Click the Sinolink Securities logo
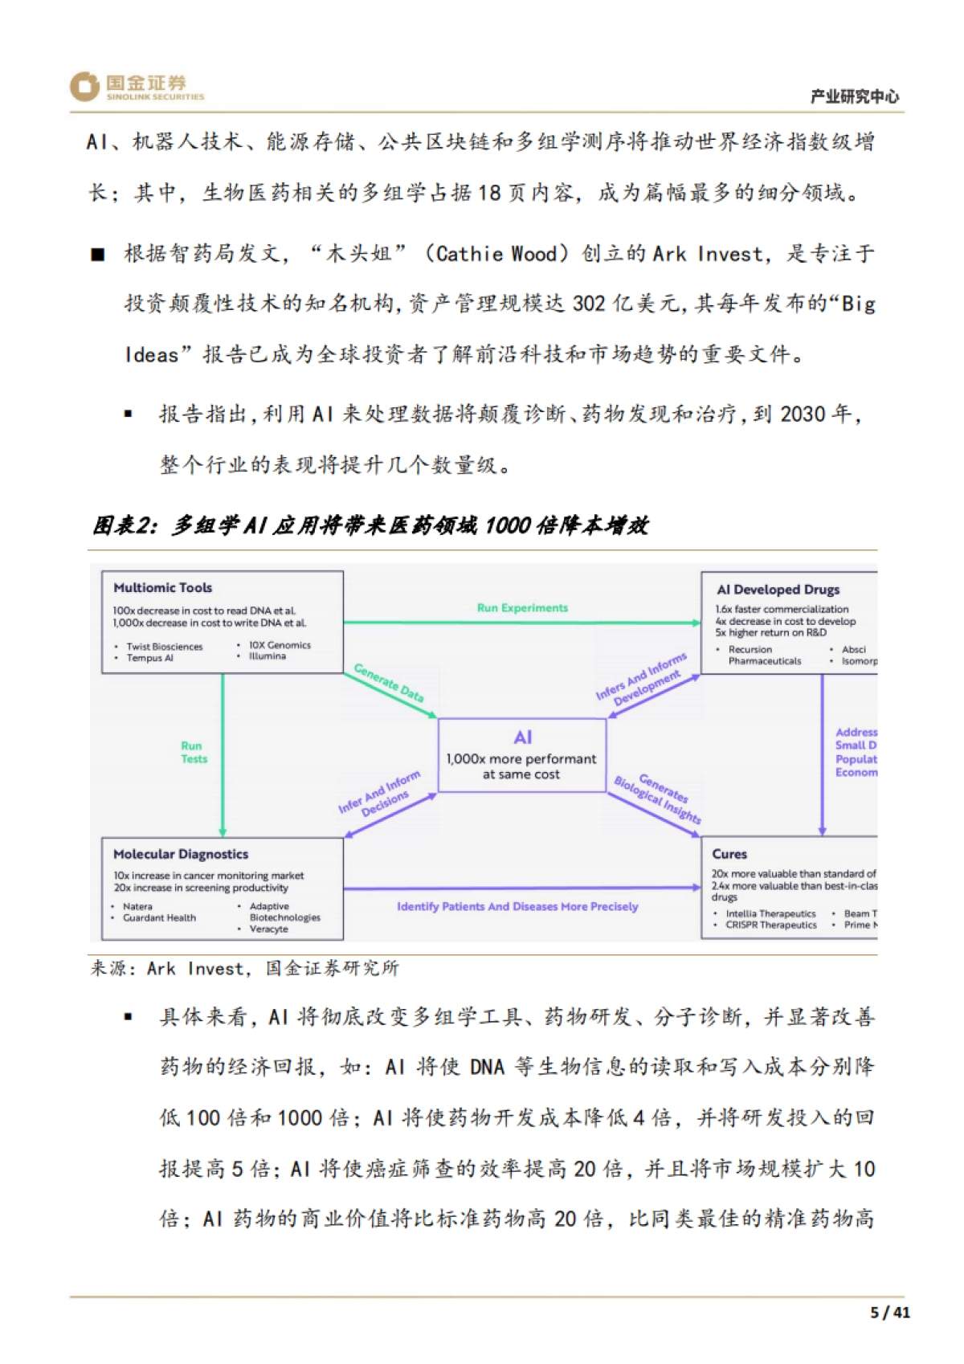coord(137,87)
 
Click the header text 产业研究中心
coord(854,96)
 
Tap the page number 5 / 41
coord(890,1313)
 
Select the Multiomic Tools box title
coord(163,588)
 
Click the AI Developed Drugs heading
coord(778,590)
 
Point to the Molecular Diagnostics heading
coord(181,854)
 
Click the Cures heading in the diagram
coord(729,854)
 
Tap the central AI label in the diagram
coord(522,737)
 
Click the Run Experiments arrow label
coord(522,608)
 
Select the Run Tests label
coord(193,752)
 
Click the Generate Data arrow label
coord(389,683)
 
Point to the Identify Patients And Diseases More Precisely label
coord(517,906)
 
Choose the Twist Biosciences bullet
coord(165,647)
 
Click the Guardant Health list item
coord(159,917)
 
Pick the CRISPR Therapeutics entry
coord(771,925)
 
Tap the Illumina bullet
coord(268,656)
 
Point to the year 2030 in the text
coord(803,415)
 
